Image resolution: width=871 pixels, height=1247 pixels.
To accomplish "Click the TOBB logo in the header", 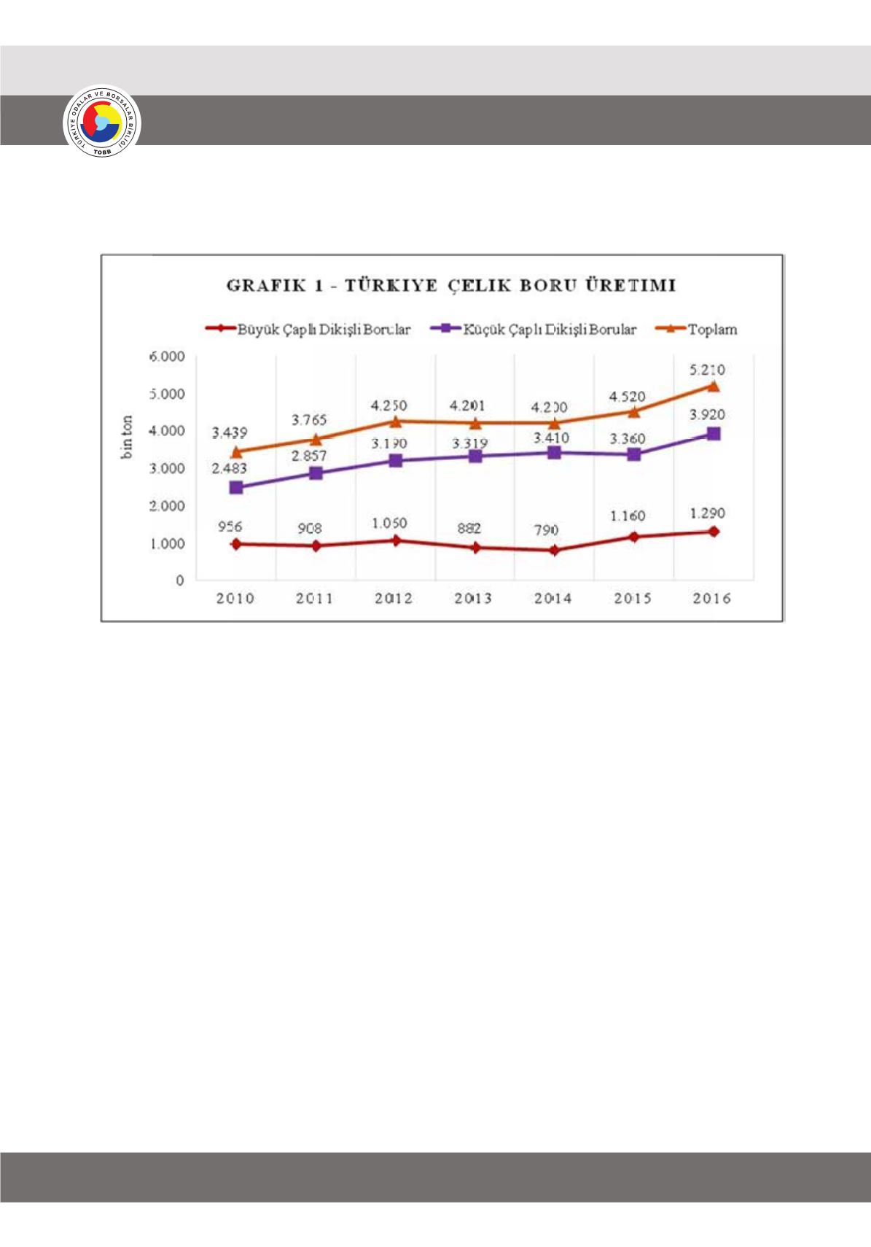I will click(102, 122).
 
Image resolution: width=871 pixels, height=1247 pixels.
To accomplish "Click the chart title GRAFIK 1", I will click(450, 285).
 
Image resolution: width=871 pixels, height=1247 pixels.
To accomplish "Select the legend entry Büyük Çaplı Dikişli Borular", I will click(308, 330).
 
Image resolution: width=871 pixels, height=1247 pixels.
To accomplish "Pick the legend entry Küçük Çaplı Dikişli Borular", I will click(534, 330).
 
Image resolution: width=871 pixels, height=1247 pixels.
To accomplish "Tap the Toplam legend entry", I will click(697, 330).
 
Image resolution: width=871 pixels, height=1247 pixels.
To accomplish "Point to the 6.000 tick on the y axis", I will click(167, 357).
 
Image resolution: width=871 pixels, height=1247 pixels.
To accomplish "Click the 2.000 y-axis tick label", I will click(167, 506).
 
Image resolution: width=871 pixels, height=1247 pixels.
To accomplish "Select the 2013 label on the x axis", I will click(473, 599).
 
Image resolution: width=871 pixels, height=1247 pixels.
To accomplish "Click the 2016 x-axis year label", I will click(711, 599).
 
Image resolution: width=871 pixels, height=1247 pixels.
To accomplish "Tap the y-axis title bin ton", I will click(128, 437).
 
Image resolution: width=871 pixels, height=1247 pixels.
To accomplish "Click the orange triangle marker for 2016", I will click(714, 386).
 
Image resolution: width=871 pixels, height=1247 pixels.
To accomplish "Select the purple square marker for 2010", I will click(236, 487).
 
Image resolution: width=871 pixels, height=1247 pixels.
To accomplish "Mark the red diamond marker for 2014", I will click(555, 551).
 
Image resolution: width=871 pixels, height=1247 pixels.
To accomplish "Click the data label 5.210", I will click(707, 370).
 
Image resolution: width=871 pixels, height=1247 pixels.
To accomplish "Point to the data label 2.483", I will click(229, 468).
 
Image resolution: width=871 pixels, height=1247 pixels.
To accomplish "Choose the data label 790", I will click(546, 530).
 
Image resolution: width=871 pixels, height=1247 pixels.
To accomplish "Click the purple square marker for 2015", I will click(634, 454).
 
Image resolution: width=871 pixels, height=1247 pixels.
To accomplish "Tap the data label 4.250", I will click(388, 405).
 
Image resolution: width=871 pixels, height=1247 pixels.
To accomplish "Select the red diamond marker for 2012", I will click(396, 540).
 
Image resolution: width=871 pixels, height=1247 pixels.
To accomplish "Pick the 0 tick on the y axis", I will click(179, 580).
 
